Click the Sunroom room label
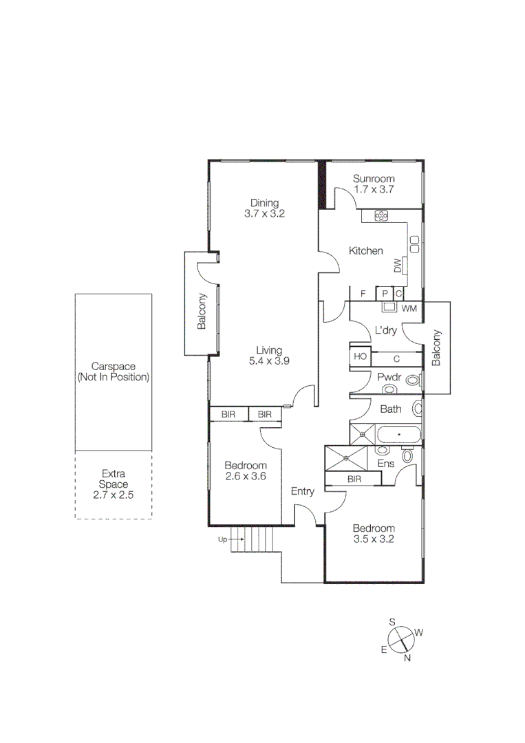[374, 178]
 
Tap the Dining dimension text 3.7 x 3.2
[264, 213]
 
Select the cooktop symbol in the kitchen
[382, 215]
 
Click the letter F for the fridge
[363, 294]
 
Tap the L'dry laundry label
[385, 330]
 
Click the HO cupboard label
[360, 356]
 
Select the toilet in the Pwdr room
[412, 379]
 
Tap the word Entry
[303, 491]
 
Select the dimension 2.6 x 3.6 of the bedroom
[245, 476]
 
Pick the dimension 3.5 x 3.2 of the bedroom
[374, 539]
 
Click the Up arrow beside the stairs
[226, 540]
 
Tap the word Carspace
[113, 367]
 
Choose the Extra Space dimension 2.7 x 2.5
[113, 494]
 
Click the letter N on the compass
[407, 658]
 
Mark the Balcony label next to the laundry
[436, 347]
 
